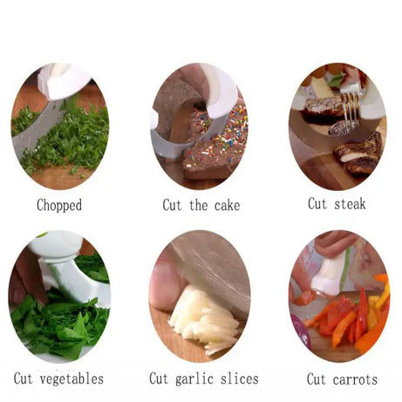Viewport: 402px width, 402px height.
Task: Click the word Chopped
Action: [x=59, y=206]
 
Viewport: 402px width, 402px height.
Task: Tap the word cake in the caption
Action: [x=227, y=206]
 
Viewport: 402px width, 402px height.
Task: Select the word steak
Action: [x=350, y=203]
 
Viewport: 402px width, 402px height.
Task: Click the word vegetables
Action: [x=72, y=379]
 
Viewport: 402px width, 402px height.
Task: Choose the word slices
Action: [x=239, y=378]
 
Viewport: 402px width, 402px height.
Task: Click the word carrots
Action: [x=355, y=379]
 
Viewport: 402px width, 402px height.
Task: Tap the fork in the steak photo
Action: [x=351, y=106]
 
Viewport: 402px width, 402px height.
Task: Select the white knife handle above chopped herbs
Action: [x=63, y=80]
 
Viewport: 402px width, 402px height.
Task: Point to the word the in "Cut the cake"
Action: [x=199, y=206]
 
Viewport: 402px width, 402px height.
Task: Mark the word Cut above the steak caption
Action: [x=317, y=203]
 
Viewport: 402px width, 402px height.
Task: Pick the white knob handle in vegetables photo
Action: [x=56, y=246]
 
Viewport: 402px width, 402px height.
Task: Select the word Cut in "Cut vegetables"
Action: [x=24, y=378]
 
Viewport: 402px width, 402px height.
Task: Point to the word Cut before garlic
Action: [x=159, y=378]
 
